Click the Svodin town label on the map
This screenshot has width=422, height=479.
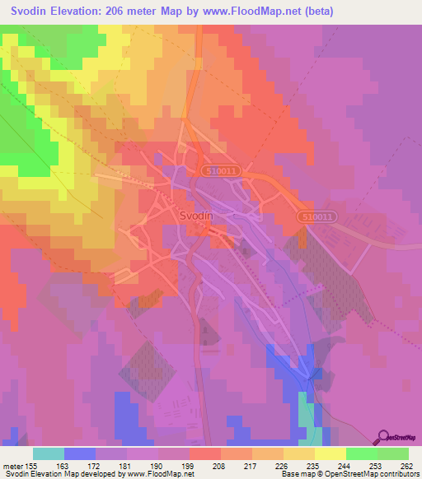[x=196, y=215]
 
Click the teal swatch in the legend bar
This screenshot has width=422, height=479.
[x=49, y=453]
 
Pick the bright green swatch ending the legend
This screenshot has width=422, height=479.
[x=393, y=453]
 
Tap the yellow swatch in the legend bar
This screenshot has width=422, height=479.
[x=330, y=453]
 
